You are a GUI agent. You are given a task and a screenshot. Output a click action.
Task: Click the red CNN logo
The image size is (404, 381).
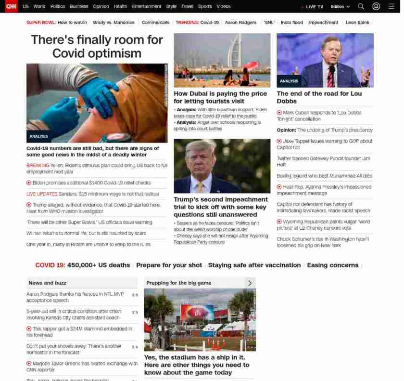[11, 6]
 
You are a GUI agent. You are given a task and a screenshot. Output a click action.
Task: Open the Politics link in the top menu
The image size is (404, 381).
[57, 6]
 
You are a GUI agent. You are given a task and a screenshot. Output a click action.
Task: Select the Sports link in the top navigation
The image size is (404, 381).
[204, 6]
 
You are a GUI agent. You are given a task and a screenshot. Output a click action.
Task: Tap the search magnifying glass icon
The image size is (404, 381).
[361, 6]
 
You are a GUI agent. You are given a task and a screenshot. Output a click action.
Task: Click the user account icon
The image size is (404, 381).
[376, 6]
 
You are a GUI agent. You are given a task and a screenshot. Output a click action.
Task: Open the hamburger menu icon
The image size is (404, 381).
[391, 6]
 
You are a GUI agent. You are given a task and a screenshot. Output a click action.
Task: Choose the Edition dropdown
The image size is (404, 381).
[340, 7]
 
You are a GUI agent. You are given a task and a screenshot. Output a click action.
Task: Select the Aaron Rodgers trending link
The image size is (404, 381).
[240, 23]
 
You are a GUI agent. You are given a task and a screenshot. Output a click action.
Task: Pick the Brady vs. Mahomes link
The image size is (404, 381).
[114, 23]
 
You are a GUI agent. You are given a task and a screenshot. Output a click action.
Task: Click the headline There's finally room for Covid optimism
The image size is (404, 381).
[97, 46]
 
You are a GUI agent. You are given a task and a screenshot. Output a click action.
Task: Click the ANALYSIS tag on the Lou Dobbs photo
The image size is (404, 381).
[289, 81]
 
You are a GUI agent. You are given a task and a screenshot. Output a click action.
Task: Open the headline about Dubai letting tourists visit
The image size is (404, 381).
[220, 97]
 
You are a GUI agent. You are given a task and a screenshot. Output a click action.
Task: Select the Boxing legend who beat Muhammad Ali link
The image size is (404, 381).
[324, 176]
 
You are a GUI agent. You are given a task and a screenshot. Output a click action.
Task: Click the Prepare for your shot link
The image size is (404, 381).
[169, 265]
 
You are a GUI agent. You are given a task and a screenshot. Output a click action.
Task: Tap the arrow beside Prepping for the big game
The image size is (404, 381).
[250, 283]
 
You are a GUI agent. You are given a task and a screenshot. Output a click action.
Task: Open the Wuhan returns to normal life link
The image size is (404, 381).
[86, 233]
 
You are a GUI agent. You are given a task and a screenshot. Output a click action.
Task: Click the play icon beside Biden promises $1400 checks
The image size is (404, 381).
[29, 183]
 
